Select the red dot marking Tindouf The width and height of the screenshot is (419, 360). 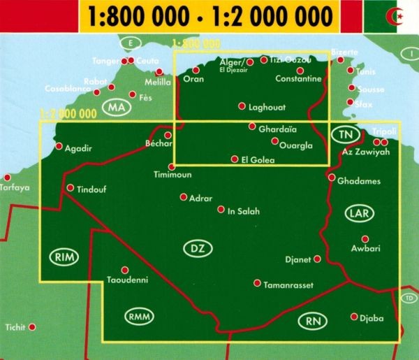point(71,187)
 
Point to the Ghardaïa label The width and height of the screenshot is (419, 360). point(277,129)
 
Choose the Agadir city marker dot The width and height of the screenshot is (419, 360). point(59,147)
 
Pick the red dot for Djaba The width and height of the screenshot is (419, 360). point(355,317)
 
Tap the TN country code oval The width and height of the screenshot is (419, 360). point(344,134)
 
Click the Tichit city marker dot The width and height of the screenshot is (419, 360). point(32,326)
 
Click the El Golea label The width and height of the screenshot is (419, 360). point(257,160)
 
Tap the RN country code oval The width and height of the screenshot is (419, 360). point(311,322)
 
